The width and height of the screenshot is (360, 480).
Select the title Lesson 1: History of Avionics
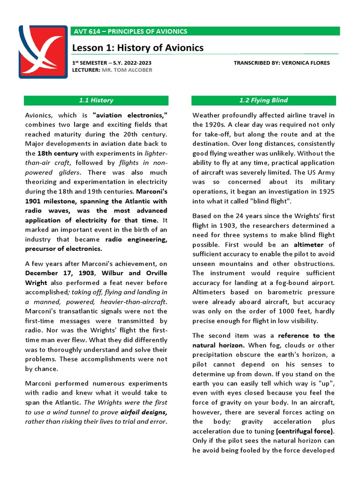[138, 48]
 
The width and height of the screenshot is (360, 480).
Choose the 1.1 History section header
[96, 100]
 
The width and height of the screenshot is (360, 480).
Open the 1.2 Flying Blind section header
[263, 100]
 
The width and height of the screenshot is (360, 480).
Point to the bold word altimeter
[308, 244]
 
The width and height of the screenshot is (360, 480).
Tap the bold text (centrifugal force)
[305, 431]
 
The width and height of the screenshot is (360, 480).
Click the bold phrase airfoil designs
[143, 412]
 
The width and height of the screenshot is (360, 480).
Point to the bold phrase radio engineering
[136, 239]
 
